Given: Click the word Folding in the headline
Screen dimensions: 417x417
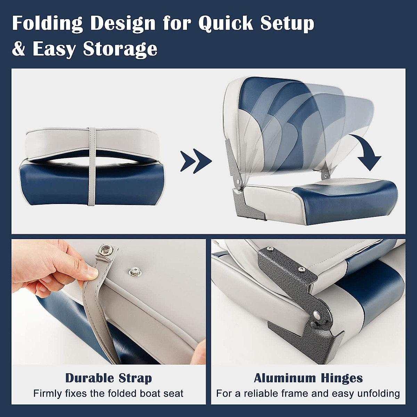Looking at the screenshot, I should coord(48,24).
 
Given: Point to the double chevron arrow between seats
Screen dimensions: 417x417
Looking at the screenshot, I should coord(196,161).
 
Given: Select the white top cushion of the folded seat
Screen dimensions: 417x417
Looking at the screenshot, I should coord(56,142).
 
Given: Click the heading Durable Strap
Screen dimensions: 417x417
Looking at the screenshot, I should coord(108,378).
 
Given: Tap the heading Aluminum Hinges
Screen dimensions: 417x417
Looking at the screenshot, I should coord(308,378).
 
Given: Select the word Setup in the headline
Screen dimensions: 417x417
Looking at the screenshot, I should coord(287,24).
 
